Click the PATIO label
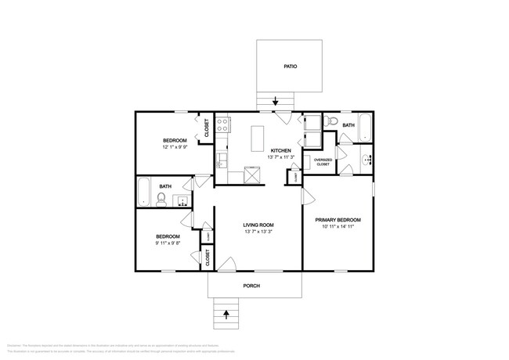click(290, 67)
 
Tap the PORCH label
click(251, 286)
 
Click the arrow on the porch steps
click(227, 315)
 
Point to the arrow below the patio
click(275, 102)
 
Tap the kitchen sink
click(222, 160)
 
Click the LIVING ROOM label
click(258, 225)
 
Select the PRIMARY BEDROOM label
click(338, 220)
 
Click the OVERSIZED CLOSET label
click(323, 162)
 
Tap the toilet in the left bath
click(161, 200)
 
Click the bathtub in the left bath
click(143, 192)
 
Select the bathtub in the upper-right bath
click(365, 131)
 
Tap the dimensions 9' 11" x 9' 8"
click(168, 243)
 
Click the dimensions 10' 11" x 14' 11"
click(338, 227)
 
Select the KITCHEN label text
click(281, 150)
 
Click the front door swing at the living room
click(227, 264)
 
